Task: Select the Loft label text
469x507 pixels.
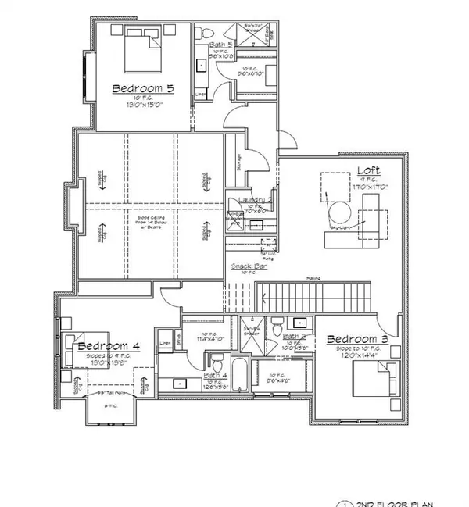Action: click(x=369, y=170)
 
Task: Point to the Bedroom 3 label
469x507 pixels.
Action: click(x=356, y=339)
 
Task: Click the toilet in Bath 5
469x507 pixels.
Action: click(x=200, y=32)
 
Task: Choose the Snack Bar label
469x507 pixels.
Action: click(x=245, y=266)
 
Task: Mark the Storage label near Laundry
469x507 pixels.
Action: click(x=238, y=159)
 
